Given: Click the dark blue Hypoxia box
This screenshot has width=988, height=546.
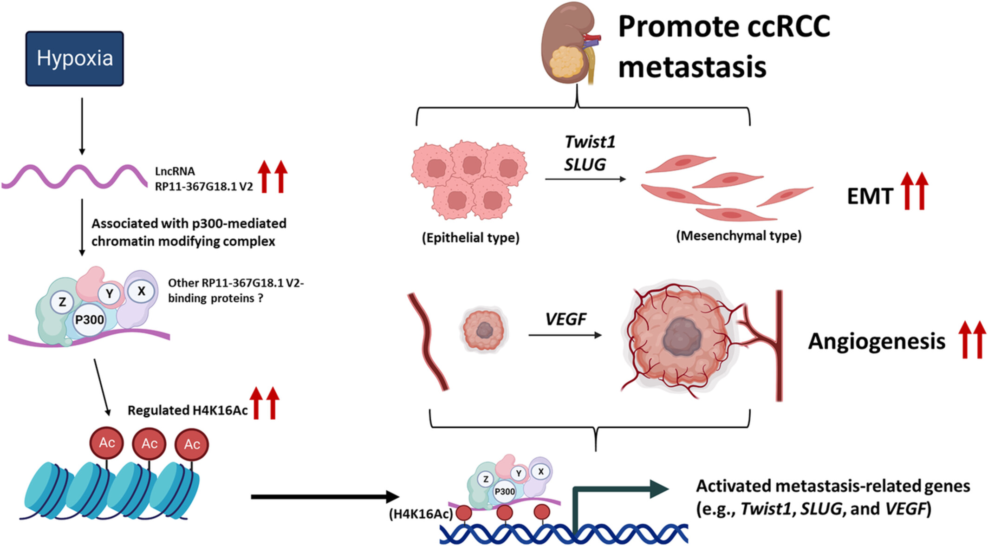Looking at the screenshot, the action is point(75,58).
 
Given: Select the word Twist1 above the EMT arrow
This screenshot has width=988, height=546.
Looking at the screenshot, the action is point(590,142).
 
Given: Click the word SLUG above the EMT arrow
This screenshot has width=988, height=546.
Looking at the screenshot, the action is point(585,164).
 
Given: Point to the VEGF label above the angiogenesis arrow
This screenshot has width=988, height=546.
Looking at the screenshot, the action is point(565,319).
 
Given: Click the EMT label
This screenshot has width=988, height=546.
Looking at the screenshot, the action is point(870,196).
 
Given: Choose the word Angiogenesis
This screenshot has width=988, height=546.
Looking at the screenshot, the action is point(877,341).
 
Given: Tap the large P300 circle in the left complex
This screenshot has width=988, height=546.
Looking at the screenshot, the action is point(90,320).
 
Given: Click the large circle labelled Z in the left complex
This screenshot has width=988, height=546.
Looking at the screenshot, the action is point(62,303).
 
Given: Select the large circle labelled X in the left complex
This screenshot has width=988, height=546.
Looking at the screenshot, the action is point(141,292).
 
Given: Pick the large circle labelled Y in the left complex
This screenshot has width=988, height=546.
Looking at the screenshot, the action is point(110,294).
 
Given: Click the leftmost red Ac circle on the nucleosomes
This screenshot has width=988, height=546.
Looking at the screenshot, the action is point(107,442).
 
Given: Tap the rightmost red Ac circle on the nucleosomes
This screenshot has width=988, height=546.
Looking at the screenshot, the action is point(192,445).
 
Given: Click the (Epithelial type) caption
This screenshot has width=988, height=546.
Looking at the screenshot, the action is point(470,238).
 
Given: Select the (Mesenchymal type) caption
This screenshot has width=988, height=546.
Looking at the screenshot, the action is point(739,236).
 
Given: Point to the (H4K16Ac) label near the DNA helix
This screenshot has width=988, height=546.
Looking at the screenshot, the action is point(421,514).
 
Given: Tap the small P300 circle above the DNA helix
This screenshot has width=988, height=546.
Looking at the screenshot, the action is point(504,492).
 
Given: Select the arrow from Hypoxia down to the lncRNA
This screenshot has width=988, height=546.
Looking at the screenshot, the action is point(82,126).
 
